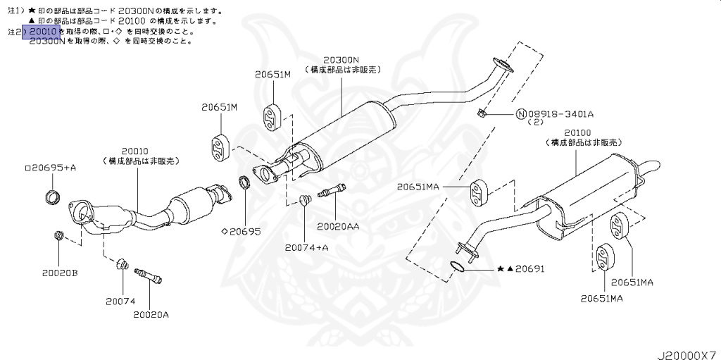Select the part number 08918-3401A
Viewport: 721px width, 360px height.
pyautogui.click(x=560, y=113)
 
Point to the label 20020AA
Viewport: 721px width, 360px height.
pyautogui.click(x=338, y=226)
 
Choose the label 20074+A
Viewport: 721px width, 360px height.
pyautogui.click(x=307, y=247)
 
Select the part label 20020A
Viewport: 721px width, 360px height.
pyautogui.click(x=151, y=314)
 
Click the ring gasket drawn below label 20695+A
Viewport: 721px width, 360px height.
pyautogui.click(x=51, y=195)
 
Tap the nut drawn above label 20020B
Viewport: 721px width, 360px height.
pyautogui.click(x=58, y=235)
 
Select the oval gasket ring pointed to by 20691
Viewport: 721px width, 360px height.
pyautogui.click(x=458, y=266)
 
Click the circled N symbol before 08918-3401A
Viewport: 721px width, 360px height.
pyautogui.click(x=521, y=114)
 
